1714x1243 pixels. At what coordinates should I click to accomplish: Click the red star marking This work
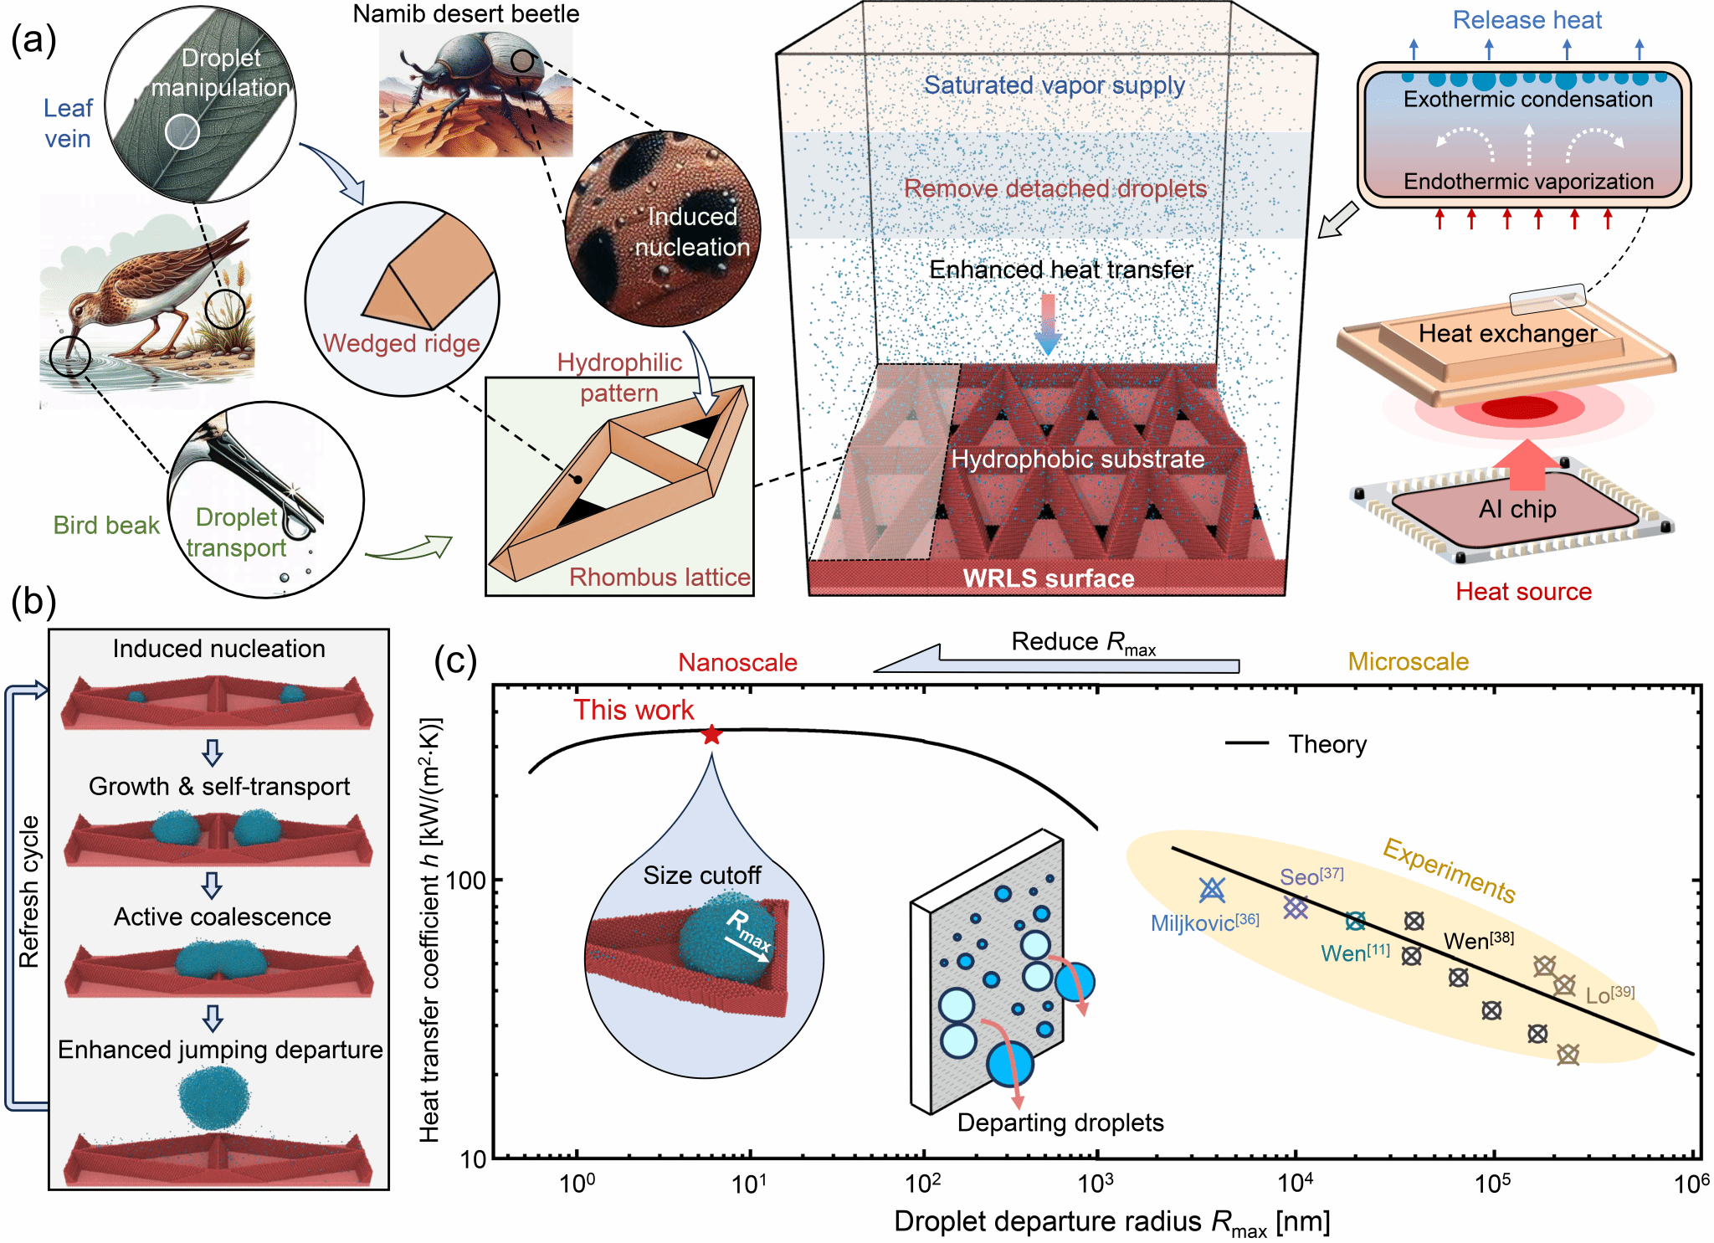pos(711,735)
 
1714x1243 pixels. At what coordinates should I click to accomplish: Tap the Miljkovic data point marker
pos(1212,890)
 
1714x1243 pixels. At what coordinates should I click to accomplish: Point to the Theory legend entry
pos(1296,744)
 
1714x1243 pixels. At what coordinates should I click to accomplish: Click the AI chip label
pos(1517,509)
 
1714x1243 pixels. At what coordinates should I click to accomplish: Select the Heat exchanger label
pos(1507,333)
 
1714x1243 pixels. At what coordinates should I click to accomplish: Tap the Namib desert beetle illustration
pos(475,90)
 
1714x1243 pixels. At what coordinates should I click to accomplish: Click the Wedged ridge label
pos(401,343)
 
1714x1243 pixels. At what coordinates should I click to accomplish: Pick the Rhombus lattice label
pos(659,577)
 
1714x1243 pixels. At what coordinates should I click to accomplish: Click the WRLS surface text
pos(1049,578)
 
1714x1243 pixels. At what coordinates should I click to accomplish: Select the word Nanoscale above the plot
pos(737,662)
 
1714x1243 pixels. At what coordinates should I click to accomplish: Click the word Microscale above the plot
pos(1408,661)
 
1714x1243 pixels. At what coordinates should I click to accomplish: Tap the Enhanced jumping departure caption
pos(220,1050)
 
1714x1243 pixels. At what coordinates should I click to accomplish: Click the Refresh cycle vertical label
pos(29,891)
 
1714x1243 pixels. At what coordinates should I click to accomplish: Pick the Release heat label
pos(1527,20)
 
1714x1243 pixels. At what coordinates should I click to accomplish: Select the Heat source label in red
pos(1523,592)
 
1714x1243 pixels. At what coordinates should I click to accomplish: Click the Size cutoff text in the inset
pos(701,876)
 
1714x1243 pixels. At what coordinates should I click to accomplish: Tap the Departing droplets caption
pos(1060,1122)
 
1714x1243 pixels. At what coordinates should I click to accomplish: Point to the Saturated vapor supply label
pos(1054,85)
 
